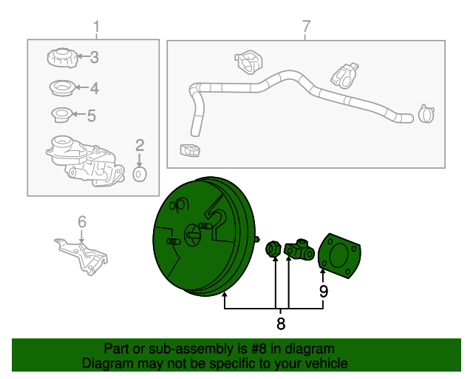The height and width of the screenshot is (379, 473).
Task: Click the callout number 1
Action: [96, 27]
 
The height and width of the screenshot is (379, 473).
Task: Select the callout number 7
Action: [306, 27]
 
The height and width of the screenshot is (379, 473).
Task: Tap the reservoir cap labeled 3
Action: [62, 58]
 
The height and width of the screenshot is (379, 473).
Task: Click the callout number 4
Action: [95, 88]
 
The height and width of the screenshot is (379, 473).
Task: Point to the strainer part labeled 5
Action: [62, 115]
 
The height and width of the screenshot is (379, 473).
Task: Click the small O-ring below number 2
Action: [140, 174]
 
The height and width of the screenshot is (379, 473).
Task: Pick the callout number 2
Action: [140, 145]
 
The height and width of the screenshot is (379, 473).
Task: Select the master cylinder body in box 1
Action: [85, 161]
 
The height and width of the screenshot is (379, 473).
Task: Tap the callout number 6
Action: [82, 222]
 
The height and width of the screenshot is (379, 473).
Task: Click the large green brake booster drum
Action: [204, 236]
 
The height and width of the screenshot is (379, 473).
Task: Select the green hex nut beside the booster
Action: [273, 249]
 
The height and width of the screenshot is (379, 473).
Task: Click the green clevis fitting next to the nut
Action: [299, 249]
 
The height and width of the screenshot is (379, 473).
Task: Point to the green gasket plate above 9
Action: [340, 255]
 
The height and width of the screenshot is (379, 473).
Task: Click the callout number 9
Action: [324, 292]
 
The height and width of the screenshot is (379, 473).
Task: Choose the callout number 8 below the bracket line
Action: [281, 323]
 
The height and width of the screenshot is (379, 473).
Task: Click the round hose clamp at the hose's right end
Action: [426, 114]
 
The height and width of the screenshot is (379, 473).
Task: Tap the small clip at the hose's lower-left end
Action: [190, 150]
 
